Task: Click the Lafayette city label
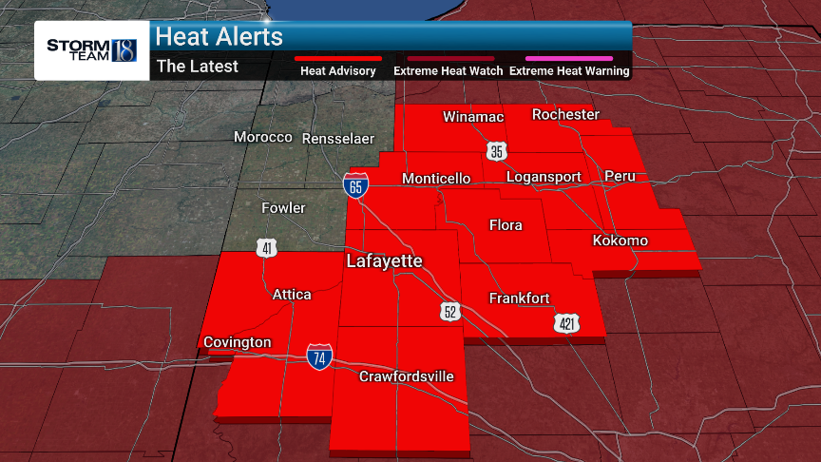[x=384, y=260]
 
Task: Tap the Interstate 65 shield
[x=355, y=185]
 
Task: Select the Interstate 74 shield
[x=319, y=357]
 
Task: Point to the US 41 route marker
[x=266, y=248]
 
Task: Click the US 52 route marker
[x=450, y=312]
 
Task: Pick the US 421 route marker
[x=566, y=324]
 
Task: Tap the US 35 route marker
[x=497, y=152]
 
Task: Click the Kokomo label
[x=620, y=241]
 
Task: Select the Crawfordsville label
[x=406, y=376]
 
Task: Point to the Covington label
[x=237, y=342]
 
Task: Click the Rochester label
[x=565, y=114]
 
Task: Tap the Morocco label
[x=263, y=137]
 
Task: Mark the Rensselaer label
[x=337, y=139]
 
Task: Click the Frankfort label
[x=519, y=298]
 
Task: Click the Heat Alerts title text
[x=220, y=37]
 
